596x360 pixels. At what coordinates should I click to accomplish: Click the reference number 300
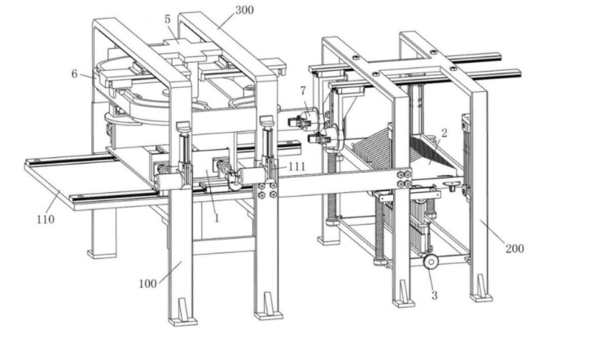(244, 11)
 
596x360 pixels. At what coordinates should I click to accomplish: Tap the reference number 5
(168, 20)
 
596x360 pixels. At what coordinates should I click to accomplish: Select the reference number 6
(75, 74)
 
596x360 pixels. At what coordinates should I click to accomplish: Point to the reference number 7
(303, 91)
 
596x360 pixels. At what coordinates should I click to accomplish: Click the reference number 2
(444, 133)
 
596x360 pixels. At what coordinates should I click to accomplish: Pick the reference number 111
(297, 166)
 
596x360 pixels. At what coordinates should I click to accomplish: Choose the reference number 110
(46, 219)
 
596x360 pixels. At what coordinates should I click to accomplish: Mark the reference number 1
(217, 218)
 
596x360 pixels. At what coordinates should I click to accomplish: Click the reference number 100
(148, 283)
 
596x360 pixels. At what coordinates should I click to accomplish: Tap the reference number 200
(515, 248)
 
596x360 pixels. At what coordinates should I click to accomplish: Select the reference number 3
(435, 296)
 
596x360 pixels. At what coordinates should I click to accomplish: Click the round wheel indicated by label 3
(431, 262)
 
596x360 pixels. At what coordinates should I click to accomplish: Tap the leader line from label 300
(226, 20)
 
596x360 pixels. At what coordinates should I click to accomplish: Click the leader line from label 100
(170, 272)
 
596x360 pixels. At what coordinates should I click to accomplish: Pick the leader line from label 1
(212, 192)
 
